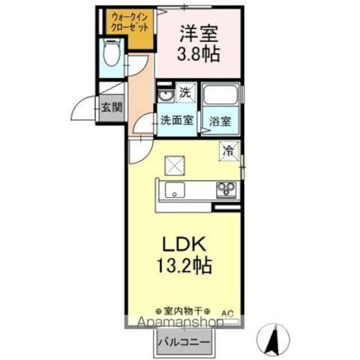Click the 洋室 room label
tap(199, 33)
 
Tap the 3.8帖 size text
tap(199, 55)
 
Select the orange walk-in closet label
tap(130, 22)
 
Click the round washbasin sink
tap(165, 96)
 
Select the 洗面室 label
tap(177, 120)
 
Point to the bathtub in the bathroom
tap(220, 98)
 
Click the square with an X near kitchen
tap(174, 165)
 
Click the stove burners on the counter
tap(227, 190)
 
